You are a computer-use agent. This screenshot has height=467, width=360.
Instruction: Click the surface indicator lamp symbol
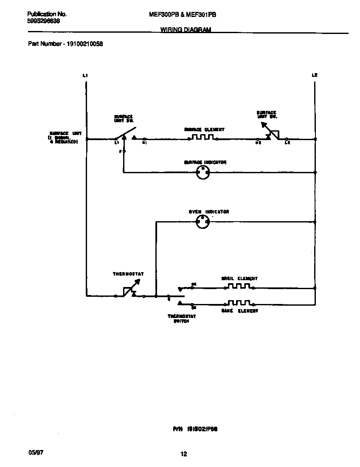coord(202,172)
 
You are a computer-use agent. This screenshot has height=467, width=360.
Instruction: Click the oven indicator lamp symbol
coord(202,221)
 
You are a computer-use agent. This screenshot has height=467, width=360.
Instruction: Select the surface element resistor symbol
coord(202,138)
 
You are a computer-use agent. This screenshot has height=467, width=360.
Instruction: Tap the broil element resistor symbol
coord(239,287)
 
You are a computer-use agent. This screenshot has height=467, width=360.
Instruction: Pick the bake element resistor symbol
coord(239,303)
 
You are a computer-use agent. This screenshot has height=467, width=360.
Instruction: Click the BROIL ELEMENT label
coord(239,279)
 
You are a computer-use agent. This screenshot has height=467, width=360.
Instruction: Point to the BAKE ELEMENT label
coord(239,311)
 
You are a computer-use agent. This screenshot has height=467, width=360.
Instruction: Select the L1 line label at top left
coord(85,75)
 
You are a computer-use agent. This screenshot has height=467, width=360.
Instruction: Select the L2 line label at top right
coord(314,75)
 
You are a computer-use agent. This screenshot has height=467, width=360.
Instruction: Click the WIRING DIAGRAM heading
coord(186,30)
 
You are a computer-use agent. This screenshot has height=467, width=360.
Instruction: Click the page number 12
coord(184,454)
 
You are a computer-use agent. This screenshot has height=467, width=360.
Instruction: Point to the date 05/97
coord(36,453)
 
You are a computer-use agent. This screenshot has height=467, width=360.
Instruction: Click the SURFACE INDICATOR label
coord(205,162)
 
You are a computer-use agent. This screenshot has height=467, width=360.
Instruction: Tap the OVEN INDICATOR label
coord(209,211)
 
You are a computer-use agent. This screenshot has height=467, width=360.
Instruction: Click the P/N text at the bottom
coord(177,429)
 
